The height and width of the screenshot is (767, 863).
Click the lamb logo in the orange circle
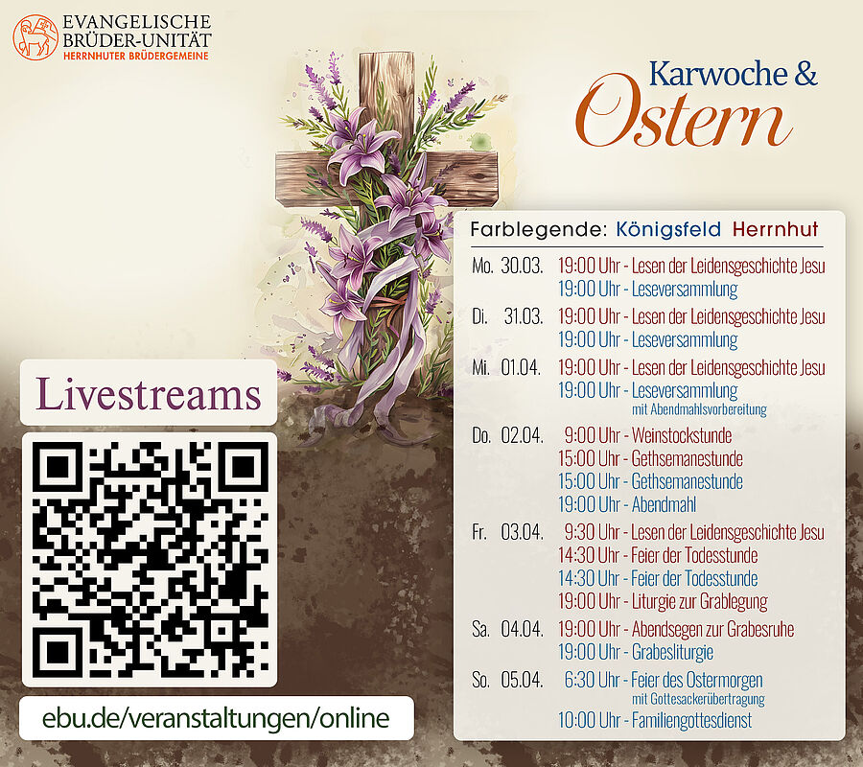(35, 37)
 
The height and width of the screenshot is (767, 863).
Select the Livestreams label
(148, 393)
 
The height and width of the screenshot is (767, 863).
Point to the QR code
(149, 560)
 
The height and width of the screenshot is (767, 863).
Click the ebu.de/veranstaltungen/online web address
(216, 718)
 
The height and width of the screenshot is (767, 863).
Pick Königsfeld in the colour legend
(668, 229)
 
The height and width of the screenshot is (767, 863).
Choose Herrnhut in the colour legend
(775, 229)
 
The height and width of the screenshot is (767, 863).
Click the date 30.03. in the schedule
(522, 266)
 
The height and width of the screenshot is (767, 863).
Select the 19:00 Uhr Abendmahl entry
(627, 504)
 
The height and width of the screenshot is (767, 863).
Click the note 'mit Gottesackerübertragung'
(698, 699)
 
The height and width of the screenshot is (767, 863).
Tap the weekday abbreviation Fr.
(479, 532)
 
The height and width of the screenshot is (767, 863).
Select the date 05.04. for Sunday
(522, 680)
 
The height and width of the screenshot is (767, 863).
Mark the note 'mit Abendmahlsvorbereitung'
(699, 409)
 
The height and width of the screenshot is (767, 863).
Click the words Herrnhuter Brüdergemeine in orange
(136, 56)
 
